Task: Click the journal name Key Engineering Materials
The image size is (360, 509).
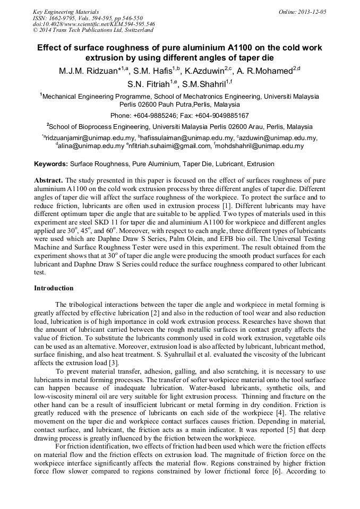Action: pyautogui.click(x=66, y=11)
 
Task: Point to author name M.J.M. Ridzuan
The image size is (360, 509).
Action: pyautogui.click(x=90, y=71)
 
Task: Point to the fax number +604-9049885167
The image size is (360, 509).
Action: pyautogui.click(x=222, y=115)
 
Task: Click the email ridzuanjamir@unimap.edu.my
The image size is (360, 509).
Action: pyautogui.click(x=89, y=138)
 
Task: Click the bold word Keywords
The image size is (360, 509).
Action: pyautogui.click(x=51, y=165)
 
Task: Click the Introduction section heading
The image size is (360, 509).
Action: pyautogui.click(x=54, y=288)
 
